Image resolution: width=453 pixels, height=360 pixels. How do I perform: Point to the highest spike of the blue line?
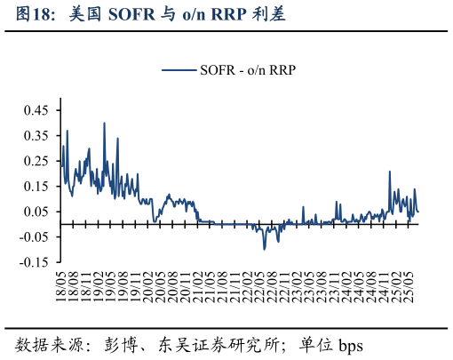click(104, 124)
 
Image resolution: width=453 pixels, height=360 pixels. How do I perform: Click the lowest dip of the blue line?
click(264, 249)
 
